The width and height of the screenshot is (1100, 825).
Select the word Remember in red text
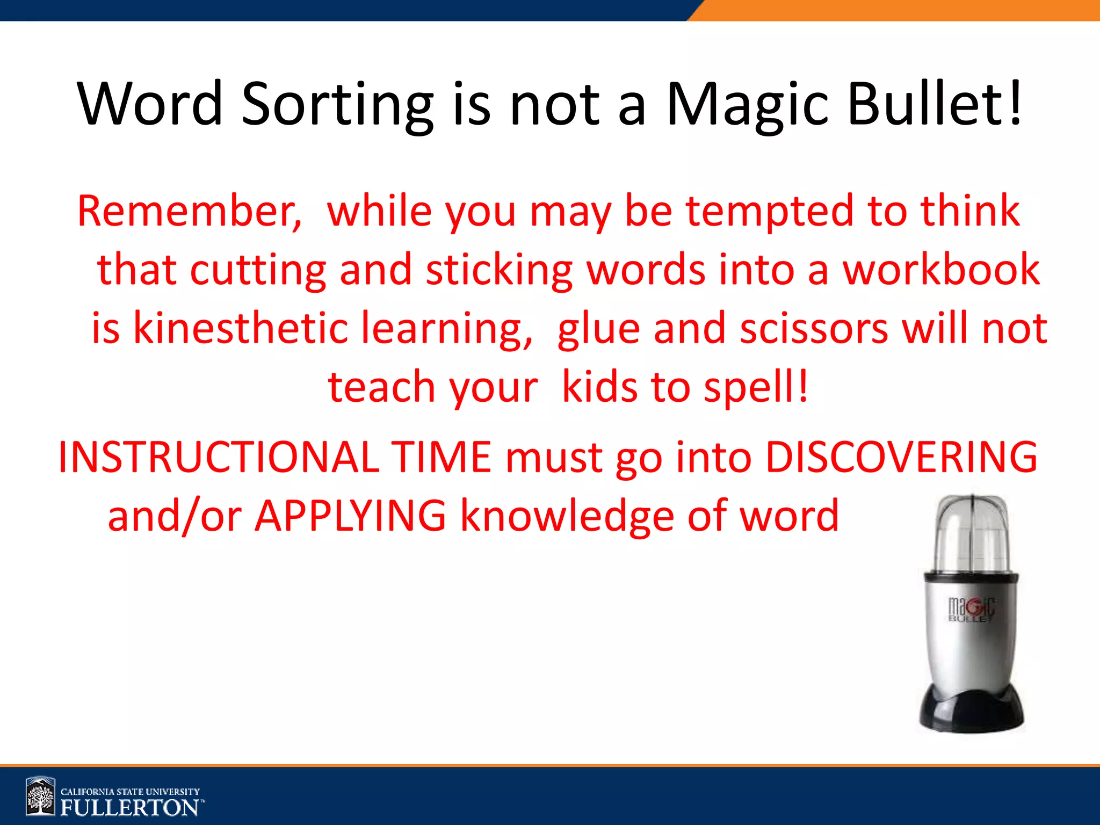coord(189,211)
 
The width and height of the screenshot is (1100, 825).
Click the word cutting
coord(258,270)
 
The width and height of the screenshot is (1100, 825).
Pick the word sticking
coord(499,270)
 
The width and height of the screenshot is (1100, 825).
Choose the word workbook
coord(941,270)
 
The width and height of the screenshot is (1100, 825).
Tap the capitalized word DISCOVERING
coord(901,457)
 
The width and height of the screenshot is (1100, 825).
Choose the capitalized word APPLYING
coord(350,516)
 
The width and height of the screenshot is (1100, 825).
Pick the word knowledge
coord(567,517)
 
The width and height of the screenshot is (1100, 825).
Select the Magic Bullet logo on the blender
coord(971,610)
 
